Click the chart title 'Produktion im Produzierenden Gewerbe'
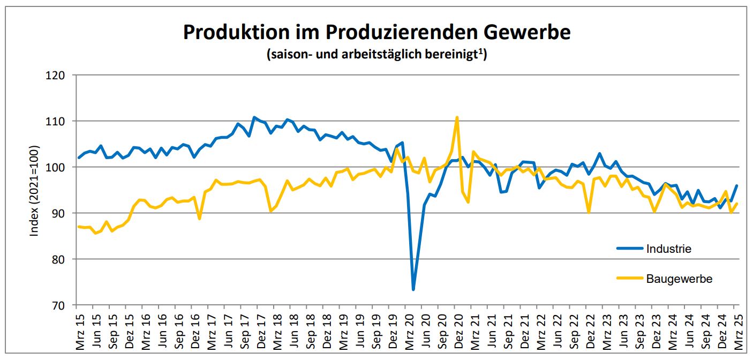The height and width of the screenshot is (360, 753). (x=376, y=32)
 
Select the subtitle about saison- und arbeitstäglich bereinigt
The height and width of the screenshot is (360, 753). (x=376, y=55)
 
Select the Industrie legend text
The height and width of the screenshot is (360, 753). (x=668, y=249)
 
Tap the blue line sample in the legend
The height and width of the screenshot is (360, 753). (x=630, y=249)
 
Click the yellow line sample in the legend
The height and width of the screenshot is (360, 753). (x=630, y=279)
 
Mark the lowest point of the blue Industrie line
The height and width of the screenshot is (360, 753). (x=413, y=290)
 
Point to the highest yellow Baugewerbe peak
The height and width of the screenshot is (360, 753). (x=457, y=117)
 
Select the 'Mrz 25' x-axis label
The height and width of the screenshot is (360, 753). (x=737, y=332)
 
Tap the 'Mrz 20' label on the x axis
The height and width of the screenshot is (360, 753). (x=409, y=332)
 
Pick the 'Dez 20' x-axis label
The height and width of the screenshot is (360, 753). (x=458, y=332)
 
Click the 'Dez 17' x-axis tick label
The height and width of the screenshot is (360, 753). (x=261, y=332)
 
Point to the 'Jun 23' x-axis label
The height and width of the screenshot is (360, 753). (x=622, y=332)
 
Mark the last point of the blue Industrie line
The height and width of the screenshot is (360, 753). (x=737, y=185)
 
